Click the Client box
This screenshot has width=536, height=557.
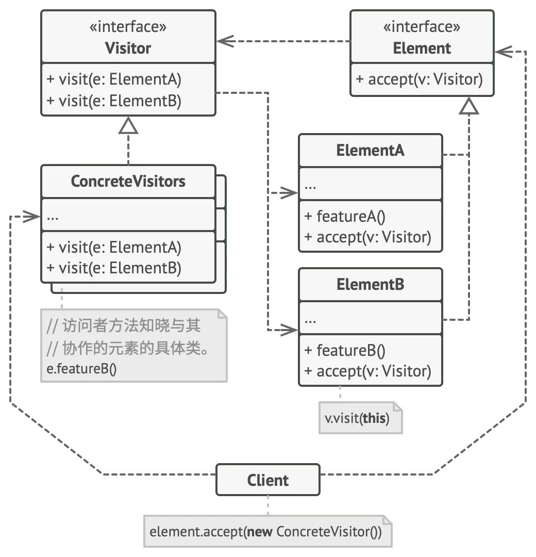(267, 480)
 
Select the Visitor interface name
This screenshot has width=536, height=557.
(128, 48)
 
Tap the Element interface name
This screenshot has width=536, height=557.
(422, 48)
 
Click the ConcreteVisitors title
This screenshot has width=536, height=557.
(128, 181)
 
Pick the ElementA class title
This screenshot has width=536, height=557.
(370, 150)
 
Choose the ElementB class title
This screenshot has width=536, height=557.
(370, 284)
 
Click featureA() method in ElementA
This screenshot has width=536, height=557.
(345, 216)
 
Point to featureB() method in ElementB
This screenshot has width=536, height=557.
(345, 350)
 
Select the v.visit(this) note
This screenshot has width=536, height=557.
(361, 418)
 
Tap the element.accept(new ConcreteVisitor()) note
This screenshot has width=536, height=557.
(267, 531)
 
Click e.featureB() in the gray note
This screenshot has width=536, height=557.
(81, 369)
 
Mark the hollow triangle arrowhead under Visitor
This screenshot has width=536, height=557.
(128, 125)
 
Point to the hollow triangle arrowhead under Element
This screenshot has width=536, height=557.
(469, 106)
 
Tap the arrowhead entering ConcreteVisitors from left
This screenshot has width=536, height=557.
(32, 216)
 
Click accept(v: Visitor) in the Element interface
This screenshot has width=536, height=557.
(419, 79)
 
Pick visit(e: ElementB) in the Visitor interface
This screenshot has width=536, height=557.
(114, 101)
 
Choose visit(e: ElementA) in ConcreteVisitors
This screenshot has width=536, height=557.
(114, 247)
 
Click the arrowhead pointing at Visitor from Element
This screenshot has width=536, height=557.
(226, 41)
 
